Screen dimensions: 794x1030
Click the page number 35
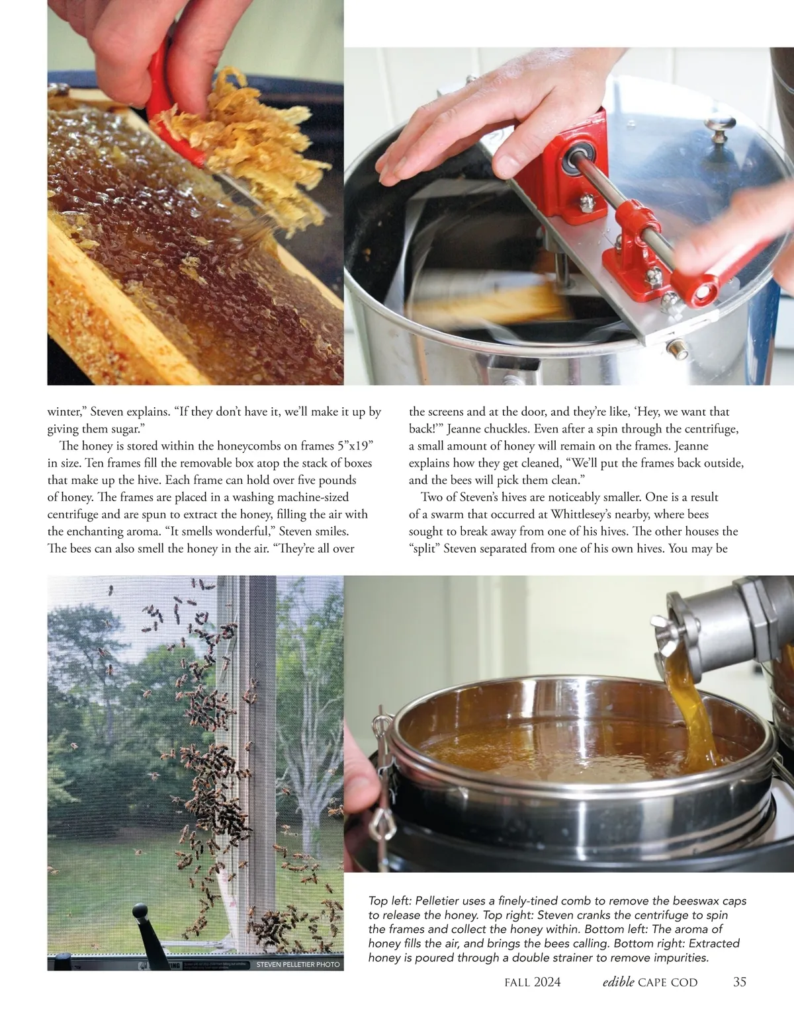coord(740,982)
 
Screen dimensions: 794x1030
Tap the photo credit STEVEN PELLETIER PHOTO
coord(298,964)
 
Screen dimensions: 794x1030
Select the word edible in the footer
coord(618,982)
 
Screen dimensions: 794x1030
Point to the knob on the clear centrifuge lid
coord(719,129)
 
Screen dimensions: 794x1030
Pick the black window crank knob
coord(140,912)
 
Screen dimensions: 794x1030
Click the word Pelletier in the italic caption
coord(436,901)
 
